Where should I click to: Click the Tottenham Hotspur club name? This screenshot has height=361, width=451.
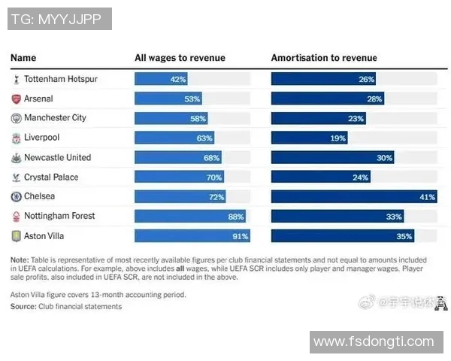[60, 78]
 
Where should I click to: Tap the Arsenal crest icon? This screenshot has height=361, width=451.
[17, 99]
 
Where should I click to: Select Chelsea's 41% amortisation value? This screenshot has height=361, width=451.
[428, 196]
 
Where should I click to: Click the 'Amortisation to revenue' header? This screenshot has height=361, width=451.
[324, 58]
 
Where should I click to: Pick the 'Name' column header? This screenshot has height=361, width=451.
[23, 58]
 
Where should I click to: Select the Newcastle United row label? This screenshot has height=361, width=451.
[57, 157]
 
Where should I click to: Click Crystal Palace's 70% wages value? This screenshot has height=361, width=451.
[214, 177]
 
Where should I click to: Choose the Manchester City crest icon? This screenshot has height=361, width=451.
[17, 118]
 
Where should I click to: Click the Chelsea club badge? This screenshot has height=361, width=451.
[17, 196]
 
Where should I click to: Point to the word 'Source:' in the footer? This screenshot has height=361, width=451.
[23, 306]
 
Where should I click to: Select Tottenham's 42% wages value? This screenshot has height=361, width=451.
[178, 78]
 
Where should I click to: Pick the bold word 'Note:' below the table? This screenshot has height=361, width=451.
[20, 259]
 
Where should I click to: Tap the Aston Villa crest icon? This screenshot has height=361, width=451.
[17, 235]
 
